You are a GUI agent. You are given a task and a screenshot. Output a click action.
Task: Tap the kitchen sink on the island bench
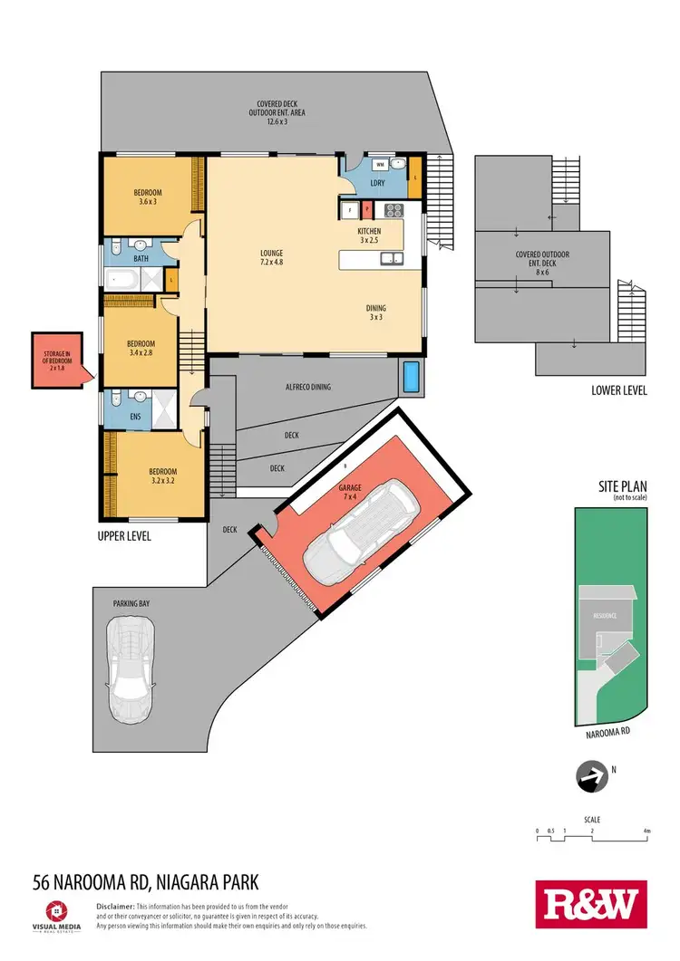click(393, 260)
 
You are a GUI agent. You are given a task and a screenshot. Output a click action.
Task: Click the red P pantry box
click(367, 210)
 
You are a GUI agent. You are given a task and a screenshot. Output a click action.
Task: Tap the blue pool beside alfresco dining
click(412, 375)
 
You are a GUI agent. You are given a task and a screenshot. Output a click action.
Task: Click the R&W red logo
click(590, 905)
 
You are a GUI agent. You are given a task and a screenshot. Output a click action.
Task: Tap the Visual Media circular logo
click(58, 908)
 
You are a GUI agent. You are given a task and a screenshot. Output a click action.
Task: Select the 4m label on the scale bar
click(646, 831)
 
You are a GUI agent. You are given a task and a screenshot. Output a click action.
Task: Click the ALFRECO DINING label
click(307, 387)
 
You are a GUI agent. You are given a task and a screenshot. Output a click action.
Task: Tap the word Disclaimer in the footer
click(114, 906)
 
